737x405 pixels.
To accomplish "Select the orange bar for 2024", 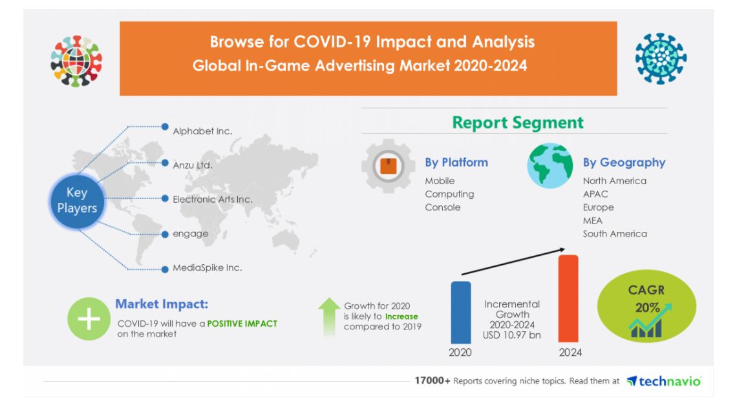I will [x=568, y=298].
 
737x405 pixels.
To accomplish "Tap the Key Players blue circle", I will [x=77, y=200].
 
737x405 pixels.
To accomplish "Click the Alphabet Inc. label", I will [x=202, y=131].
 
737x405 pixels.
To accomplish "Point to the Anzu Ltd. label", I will [x=193, y=165].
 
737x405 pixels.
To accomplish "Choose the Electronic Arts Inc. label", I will [x=212, y=199].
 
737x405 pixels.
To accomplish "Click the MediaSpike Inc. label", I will [x=207, y=267].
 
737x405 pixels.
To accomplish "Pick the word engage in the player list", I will [x=190, y=233].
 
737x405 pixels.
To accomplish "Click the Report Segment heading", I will [x=517, y=123].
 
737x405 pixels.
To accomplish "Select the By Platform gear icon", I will [x=388, y=167].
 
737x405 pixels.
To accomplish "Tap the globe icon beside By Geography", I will [x=550, y=166].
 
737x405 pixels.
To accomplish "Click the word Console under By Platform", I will [x=442, y=207].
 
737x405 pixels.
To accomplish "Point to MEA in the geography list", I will [x=592, y=220].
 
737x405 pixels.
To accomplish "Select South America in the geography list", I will [x=614, y=234].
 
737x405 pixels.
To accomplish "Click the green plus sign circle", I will [x=89, y=319].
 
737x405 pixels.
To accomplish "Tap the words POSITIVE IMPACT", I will [x=242, y=323].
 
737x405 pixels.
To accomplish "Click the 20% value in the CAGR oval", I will [x=646, y=308].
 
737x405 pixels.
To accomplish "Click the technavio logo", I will [x=664, y=381].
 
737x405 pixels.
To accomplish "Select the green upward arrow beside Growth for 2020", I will [x=329, y=316].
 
